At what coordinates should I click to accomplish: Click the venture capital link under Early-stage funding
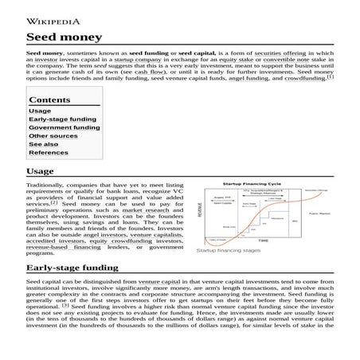(x=159, y=282)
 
